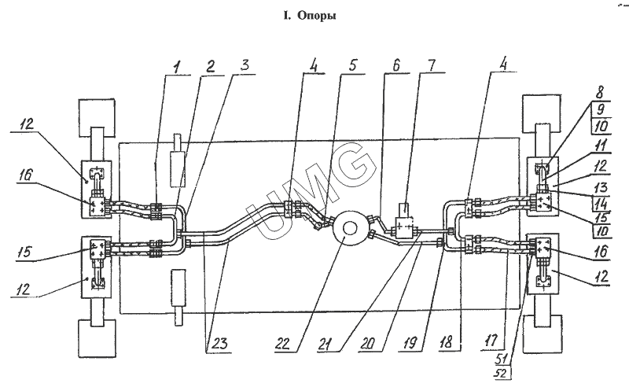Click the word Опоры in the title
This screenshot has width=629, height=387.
[321, 16]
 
